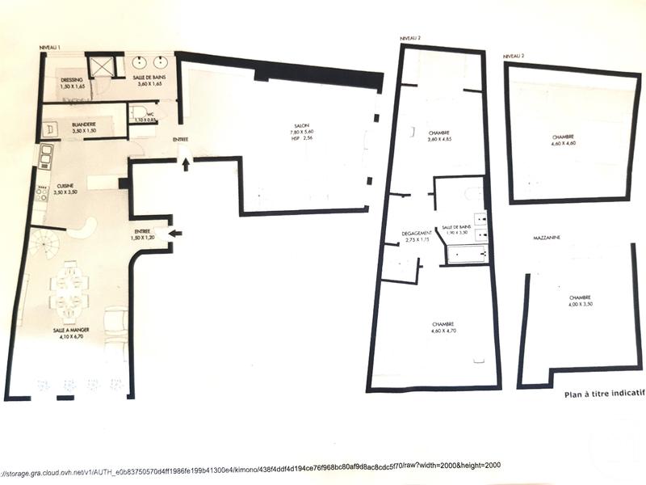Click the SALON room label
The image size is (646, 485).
click(302, 127)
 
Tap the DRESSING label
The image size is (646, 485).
click(72, 79)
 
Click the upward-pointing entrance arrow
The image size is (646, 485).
click(187, 165)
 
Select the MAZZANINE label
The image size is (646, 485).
click(547, 238)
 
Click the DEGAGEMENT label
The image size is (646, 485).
click(417, 234)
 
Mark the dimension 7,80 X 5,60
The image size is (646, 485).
click(302, 133)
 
